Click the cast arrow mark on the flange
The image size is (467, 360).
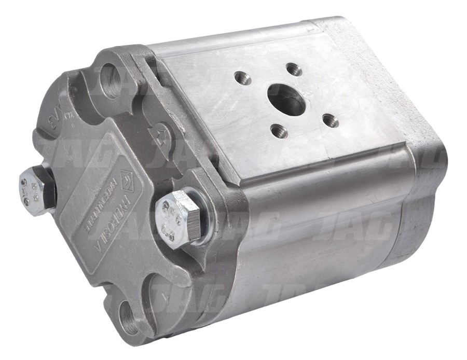pyautogui.click(x=158, y=136)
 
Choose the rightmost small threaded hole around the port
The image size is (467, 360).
pyautogui.click(x=330, y=121)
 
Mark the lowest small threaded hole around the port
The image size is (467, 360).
pyautogui.click(x=279, y=131)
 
